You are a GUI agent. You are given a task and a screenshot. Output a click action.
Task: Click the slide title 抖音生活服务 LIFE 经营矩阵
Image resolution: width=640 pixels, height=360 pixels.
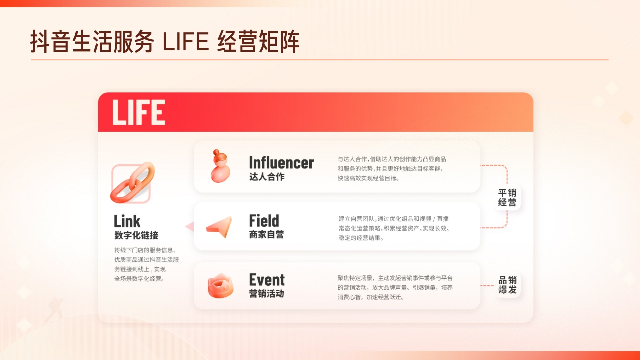pos(165,42)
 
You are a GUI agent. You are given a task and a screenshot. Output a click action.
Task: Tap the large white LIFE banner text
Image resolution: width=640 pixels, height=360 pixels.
pos(138,112)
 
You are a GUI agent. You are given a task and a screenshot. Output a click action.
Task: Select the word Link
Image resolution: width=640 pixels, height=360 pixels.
pos(127,221)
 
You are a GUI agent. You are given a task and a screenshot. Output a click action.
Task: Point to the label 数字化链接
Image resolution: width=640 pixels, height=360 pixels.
pos(136,235)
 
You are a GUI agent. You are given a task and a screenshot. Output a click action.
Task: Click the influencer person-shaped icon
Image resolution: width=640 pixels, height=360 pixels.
pos(220,166)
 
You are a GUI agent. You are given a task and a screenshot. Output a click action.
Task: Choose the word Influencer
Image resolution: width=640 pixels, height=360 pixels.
pos(281,162)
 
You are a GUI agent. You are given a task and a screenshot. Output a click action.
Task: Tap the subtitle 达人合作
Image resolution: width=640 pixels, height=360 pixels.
pos(267,177)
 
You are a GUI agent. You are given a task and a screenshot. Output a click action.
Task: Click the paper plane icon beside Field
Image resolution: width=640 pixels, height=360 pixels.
pos(219,227)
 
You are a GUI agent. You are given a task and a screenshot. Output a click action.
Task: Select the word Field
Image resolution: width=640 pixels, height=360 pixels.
pos(264,220)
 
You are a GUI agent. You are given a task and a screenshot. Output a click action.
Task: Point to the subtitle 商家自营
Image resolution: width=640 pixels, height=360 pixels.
pos(266,234)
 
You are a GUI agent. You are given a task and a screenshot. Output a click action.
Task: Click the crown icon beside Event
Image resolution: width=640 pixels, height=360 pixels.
pos(220,286)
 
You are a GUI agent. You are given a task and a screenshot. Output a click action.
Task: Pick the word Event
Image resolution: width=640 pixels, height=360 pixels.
pos(267,279)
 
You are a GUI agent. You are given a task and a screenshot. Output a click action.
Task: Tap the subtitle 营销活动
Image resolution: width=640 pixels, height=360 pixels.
pos(266,294)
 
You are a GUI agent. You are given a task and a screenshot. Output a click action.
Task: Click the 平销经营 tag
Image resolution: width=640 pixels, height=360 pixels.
pos(507,198)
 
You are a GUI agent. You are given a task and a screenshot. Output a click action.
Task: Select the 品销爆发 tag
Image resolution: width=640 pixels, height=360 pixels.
pos(507,285)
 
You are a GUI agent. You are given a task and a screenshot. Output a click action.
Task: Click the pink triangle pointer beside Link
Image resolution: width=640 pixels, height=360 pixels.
pos(189,227)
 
